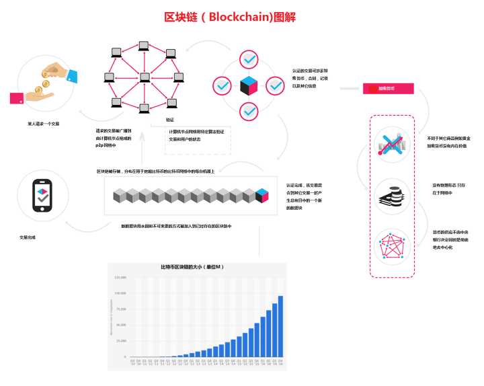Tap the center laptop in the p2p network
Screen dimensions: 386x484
pos(144,77)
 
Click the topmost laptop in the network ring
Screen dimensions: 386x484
pos(143,46)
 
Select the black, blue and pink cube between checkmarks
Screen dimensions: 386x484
pos(249,86)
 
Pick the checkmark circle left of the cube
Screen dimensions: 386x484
pos(223,86)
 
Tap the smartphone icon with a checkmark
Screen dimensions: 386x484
pos(44,196)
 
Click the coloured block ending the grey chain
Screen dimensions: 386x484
pos(262,196)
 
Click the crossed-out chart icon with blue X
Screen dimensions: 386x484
pos(392,143)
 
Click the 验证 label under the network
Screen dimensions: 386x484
pos(170,120)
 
